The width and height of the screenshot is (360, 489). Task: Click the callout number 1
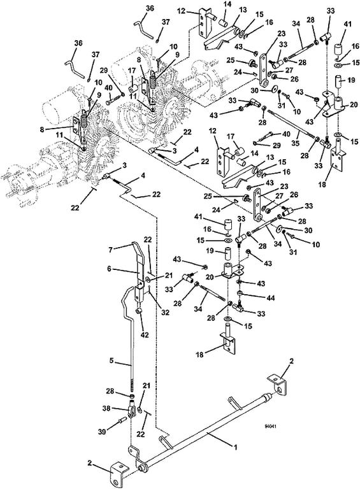tap(235, 447)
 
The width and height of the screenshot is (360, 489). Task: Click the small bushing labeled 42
tap(140, 311)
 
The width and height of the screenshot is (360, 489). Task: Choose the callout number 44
tap(271, 298)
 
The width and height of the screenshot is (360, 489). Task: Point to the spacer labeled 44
tap(240, 293)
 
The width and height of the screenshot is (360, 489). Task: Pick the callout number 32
tap(165, 312)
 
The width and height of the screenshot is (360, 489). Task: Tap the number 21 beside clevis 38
tap(147, 386)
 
